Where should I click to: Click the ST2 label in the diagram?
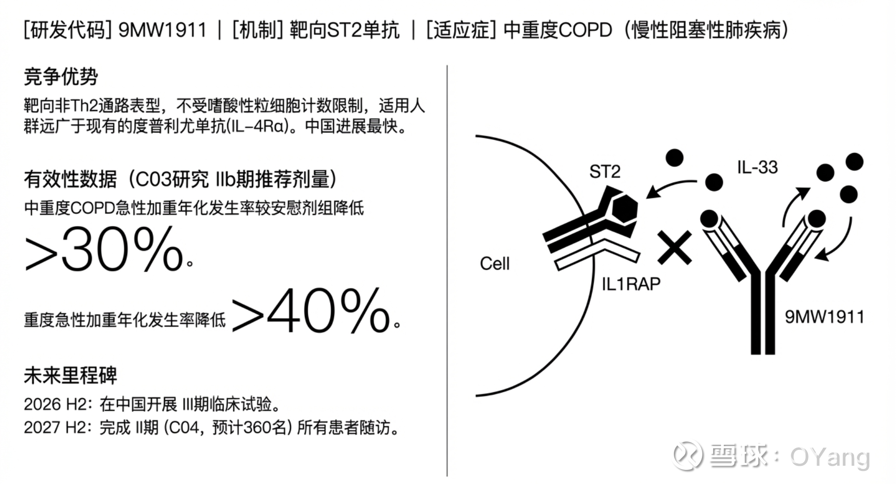click(x=605, y=172)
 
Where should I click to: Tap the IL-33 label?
click(x=758, y=167)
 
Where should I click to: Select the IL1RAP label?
click(x=631, y=284)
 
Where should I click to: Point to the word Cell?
click(x=495, y=264)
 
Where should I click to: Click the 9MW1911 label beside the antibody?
click(x=824, y=317)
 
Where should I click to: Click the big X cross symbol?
click(x=674, y=247)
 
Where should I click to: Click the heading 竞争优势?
click(x=61, y=77)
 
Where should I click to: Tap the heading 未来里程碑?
click(x=70, y=375)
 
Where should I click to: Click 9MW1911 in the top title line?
click(x=162, y=30)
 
